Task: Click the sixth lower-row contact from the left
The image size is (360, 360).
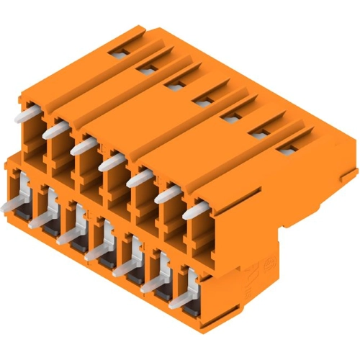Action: coord(152,286)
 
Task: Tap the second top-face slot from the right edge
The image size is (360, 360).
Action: coord(259,132)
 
